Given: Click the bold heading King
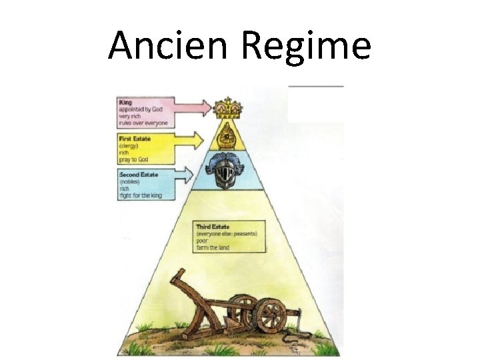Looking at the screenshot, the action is click(125, 103).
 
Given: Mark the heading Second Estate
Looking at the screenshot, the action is click(139, 174).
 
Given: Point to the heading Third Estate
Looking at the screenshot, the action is click(213, 227).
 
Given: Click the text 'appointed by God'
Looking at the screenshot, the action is click(139, 109).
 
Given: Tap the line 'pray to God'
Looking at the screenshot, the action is click(133, 158).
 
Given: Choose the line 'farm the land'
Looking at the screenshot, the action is click(212, 247).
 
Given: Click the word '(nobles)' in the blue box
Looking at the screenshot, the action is click(129, 181).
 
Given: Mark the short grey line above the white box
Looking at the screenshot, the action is click(316, 86).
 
